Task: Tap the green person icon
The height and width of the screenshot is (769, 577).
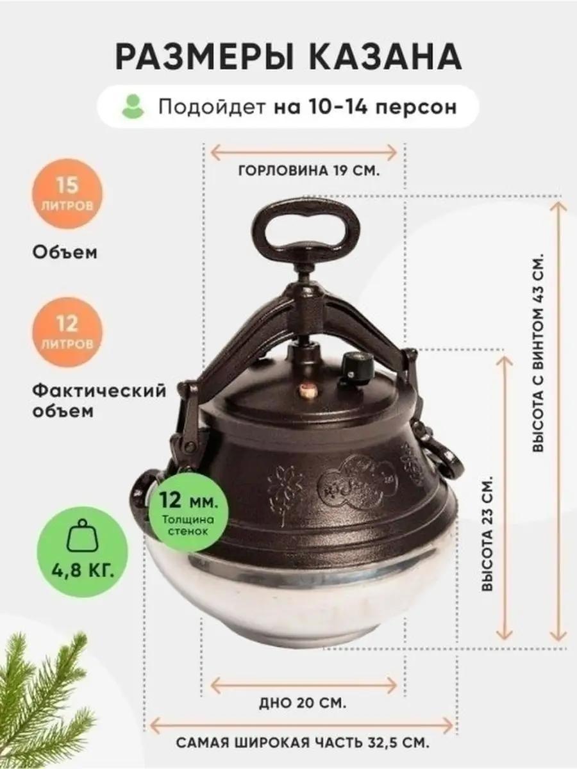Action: (133, 106)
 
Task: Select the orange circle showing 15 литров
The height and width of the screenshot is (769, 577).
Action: (67, 194)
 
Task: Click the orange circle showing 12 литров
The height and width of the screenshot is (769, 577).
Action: (67, 333)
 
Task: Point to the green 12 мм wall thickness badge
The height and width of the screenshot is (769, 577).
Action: (187, 512)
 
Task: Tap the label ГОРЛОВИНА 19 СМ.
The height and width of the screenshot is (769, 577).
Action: (309, 171)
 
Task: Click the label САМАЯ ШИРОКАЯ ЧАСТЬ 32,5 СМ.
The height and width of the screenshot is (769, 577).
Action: (303, 741)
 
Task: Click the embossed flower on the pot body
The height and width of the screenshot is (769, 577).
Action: (283, 493)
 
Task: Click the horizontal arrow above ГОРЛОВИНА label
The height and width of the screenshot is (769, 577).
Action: (303, 153)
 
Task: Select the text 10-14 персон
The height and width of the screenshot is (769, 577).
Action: (383, 107)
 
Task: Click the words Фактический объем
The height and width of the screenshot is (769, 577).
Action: (99, 400)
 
